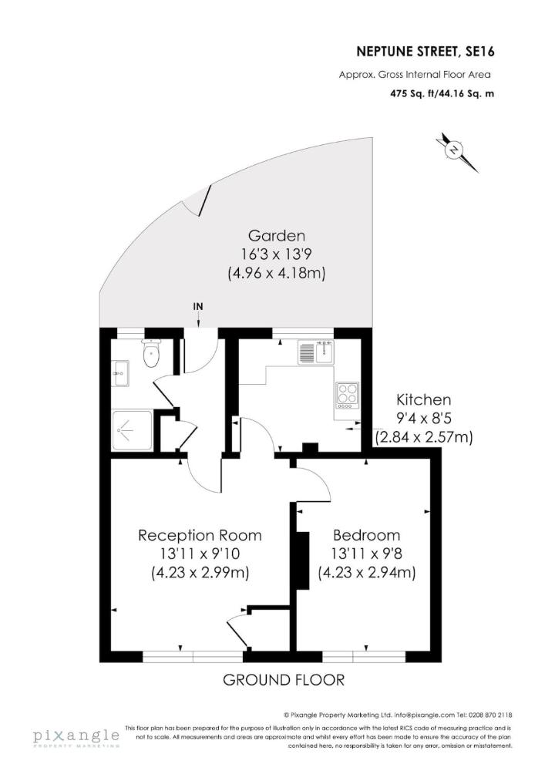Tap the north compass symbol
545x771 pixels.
[x=456, y=150]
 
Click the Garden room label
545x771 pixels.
[x=276, y=235]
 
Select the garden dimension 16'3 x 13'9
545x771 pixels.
[x=276, y=254]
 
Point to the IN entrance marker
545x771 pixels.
[x=198, y=306]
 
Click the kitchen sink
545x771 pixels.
[x=315, y=354]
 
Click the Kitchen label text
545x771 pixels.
[x=423, y=400]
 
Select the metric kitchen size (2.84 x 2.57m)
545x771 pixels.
[x=423, y=437]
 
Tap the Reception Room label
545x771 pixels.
[x=200, y=535]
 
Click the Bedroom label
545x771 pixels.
[x=366, y=535]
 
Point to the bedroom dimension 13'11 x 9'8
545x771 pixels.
[x=366, y=554]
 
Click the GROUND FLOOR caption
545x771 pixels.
[x=283, y=680]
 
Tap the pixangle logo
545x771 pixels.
[x=76, y=739]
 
